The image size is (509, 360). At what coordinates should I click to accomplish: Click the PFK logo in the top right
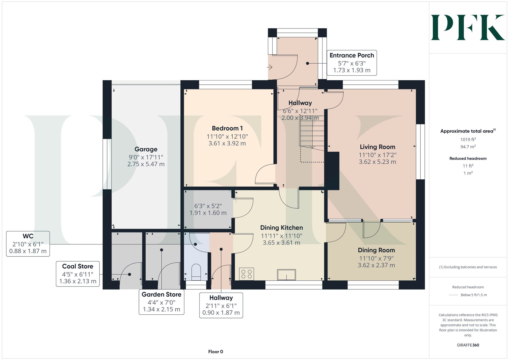468,27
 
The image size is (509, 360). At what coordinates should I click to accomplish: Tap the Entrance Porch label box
352,63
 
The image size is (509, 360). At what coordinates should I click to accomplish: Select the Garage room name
146,149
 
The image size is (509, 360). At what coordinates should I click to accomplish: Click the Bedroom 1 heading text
227,128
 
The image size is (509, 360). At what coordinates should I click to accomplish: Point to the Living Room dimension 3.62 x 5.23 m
377,162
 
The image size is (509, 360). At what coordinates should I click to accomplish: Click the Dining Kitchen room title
281,228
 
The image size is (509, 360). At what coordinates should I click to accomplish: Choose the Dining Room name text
376,250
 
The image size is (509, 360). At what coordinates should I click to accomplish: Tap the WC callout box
28,244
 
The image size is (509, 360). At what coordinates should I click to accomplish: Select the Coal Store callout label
78,274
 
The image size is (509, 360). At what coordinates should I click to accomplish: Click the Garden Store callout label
161,302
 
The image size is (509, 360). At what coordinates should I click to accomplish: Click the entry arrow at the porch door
270,67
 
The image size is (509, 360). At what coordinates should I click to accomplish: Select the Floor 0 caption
216,352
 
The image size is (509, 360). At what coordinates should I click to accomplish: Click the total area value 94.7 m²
468,147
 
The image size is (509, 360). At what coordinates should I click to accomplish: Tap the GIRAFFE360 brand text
468,345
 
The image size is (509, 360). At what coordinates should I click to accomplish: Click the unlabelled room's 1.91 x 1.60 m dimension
208,213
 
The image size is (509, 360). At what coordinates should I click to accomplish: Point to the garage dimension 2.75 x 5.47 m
146,164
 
